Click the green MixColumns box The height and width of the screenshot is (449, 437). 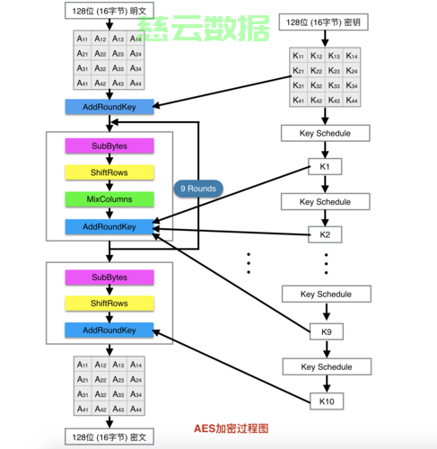109,198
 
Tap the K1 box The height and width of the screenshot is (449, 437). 325,168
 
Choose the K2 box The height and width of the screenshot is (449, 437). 325,235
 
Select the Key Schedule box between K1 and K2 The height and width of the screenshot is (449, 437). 325,202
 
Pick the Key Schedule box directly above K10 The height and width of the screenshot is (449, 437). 325,365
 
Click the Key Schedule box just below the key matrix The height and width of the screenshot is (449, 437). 325,134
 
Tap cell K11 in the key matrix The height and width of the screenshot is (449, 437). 299,56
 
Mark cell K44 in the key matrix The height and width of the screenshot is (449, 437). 352,100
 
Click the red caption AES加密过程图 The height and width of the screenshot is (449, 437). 232,430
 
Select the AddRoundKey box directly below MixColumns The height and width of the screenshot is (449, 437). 109,227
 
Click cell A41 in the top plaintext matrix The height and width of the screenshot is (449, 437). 83,83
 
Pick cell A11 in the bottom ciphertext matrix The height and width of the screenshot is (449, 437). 83,365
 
